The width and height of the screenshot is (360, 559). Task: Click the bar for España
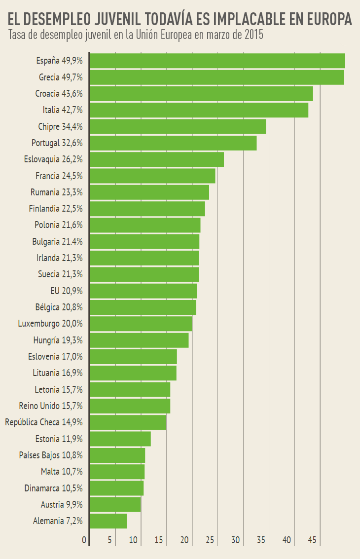[x=217, y=61]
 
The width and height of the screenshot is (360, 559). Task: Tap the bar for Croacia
[x=201, y=94]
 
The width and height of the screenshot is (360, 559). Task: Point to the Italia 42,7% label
[x=63, y=110]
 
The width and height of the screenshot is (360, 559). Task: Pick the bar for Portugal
[x=173, y=143]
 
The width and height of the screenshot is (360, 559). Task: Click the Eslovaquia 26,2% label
[x=53, y=159]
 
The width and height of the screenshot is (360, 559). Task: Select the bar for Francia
[x=152, y=176]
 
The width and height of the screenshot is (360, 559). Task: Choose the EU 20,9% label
[x=67, y=291]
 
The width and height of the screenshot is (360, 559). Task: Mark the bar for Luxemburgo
[x=141, y=324]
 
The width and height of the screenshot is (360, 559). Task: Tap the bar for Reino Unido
[x=130, y=406]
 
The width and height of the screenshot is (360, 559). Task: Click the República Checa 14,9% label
[x=44, y=422]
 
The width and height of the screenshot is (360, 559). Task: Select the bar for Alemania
[x=108, y=521]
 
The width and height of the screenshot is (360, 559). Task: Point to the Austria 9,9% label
[x=62, y=504]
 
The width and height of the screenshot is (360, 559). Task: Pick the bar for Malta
[x=117, y=472]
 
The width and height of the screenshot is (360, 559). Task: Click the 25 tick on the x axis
[x=210, y=540]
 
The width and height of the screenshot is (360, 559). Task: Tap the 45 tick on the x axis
[x=312, y=540]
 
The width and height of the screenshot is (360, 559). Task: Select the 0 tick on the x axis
[x=84, y=540]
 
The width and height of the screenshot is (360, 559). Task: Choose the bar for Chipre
[x=178, y=126]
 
